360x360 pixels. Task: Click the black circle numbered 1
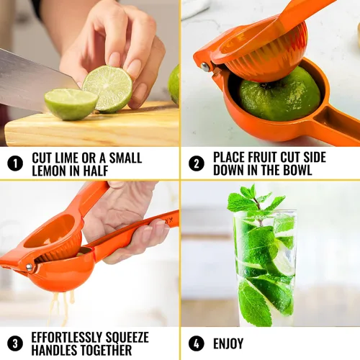click(15, 163)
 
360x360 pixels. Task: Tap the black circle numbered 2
click(197, 163)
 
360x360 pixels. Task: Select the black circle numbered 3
click(15, 343)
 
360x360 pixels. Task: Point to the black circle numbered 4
click(197, 343)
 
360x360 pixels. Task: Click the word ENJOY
click(228, 343)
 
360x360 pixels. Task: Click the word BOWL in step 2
click(297, 170)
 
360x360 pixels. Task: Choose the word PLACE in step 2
click(229, 158)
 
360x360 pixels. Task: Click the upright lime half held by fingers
click(107, 89)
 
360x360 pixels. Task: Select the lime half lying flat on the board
click(71, 103)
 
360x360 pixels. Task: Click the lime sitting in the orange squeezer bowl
click(279, 95)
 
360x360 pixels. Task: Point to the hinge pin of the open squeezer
click(205, 67)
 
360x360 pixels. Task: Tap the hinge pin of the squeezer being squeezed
click(29, 267)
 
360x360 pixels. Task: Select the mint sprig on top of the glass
click(257, 203)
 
